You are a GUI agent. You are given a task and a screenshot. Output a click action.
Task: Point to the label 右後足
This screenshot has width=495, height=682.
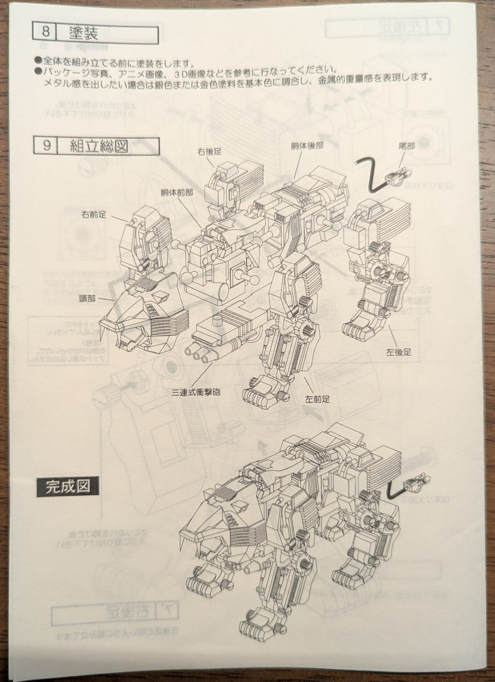209,152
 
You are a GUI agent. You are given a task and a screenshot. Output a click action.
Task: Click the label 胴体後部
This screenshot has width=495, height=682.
306,146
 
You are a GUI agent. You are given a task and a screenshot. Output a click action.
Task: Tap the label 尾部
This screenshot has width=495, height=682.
406,147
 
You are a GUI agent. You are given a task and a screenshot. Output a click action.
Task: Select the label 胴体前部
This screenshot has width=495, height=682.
177,193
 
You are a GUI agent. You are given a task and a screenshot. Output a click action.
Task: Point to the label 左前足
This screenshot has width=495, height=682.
317,399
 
